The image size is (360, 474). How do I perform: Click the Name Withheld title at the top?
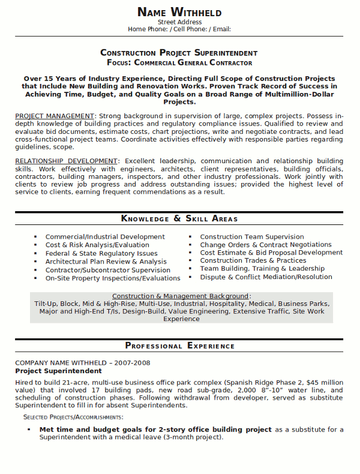tap(179, 12)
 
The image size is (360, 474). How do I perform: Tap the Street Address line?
tap(179, 22)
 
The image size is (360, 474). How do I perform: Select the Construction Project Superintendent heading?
tap(179, 53)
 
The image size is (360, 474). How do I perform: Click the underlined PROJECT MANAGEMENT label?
tap(55, 115)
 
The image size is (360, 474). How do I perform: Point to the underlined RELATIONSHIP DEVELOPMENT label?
tap(66, 161)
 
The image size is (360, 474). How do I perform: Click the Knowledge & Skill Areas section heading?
tap(179, 218)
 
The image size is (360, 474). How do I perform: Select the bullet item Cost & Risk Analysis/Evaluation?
tap(97, 245)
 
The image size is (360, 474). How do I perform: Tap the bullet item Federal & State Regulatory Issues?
tap(101, 253)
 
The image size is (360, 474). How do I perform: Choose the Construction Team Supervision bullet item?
tap(252, 237)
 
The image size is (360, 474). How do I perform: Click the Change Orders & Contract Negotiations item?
tap(266, 245)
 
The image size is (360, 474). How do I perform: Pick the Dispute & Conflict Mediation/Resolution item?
tap(266, 277)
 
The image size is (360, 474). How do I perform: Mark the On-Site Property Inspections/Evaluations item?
tap(113, 278)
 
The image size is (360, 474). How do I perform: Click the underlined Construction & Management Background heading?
tap(180, 296)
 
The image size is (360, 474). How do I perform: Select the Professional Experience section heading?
tap(179, 346)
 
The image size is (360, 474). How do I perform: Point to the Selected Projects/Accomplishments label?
tap(73, 416)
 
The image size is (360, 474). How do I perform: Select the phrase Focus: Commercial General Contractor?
tap(179, 62)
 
